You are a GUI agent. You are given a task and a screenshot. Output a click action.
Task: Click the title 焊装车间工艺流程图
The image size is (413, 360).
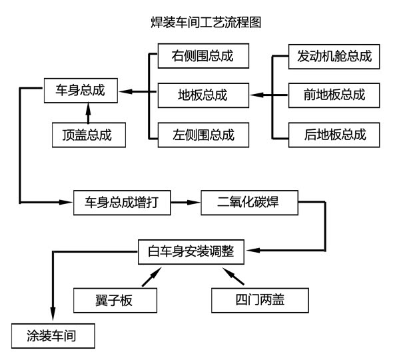point(206,23)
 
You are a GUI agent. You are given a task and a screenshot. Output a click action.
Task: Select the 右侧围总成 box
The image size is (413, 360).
point(203,56)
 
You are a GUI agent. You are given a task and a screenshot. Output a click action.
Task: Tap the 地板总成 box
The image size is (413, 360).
point(203,95)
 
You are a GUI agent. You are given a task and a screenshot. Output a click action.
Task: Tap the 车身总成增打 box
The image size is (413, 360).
point(122,202)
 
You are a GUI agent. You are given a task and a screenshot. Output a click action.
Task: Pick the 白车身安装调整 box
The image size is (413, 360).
point(187,251)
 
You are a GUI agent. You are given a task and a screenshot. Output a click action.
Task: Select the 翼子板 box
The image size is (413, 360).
point(115,299)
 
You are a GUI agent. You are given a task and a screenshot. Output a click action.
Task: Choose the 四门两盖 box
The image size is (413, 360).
point(260,299)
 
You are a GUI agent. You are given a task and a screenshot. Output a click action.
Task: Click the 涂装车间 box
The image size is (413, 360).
point(53,335)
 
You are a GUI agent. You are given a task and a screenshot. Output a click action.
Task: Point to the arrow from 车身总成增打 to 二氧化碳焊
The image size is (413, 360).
point(185,202)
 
